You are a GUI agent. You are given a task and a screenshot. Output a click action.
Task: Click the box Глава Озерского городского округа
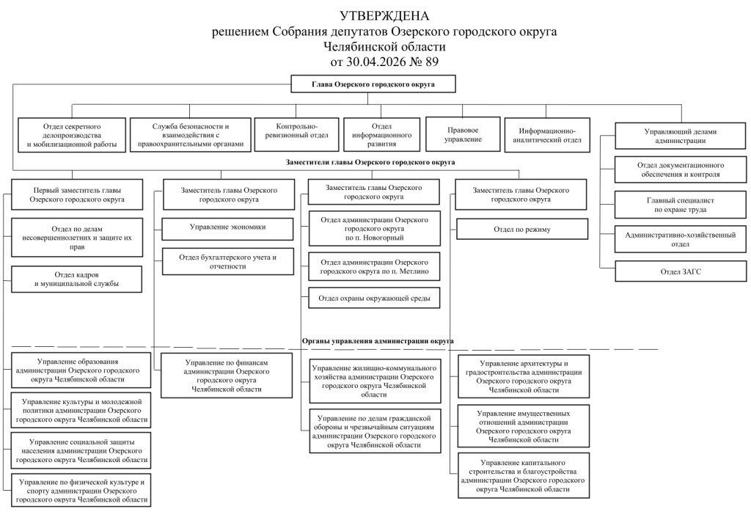tap(373, 84)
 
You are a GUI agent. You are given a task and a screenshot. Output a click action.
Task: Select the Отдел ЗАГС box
tap(681, 271)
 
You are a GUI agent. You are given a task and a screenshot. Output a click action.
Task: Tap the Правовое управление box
tap(463, 134)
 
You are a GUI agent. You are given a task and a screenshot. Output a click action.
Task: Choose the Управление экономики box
tap(227, 229)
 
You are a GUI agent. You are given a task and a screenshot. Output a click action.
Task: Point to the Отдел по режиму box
tap(522, 229)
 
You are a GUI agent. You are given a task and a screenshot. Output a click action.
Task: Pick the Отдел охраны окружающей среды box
tap(374, 298)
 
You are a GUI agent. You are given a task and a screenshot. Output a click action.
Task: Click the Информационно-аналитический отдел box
tap(547, 135)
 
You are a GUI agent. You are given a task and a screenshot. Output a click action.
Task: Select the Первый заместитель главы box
tap(77, 194)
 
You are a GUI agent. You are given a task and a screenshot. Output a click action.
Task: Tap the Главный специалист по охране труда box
tap(681, 205)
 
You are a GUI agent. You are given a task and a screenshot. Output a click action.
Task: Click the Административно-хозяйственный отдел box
tap(681, 239)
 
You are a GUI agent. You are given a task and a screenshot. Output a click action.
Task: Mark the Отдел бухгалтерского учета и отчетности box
tap(228, 262)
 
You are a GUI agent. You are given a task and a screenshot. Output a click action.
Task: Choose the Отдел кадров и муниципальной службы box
tap(76, 279)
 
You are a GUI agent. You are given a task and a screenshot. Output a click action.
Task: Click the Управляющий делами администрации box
tap(681, 136)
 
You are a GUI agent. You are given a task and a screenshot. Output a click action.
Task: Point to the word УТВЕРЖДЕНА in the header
tap(384, 16)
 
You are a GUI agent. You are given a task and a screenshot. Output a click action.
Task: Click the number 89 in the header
tap(431, 62)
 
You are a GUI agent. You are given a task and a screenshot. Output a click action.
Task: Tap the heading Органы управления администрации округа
tap(378, 341)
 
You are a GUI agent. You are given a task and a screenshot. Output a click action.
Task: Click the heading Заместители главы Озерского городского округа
tap(370, 162)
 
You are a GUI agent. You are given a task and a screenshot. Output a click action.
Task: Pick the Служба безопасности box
tap(191, 135)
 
